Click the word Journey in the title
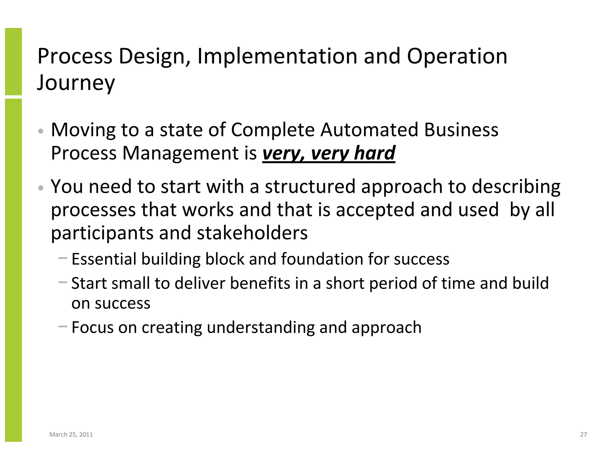tap(76, 83)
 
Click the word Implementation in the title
tap(277, 56)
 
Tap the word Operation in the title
tap(457, 56)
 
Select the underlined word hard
tap(375, 153)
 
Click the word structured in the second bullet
tap(310, 187)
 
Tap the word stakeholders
tap(252, 233)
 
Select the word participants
tap(102, 233)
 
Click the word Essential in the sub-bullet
tap(104, 259)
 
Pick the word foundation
tap(322, 259)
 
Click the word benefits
tap(260, 283)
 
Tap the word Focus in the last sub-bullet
tap(92, 328)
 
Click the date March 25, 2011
tap(71, 435)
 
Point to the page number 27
tap(583, 435)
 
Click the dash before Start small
tap(63, 282)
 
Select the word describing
tap(516, 187)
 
